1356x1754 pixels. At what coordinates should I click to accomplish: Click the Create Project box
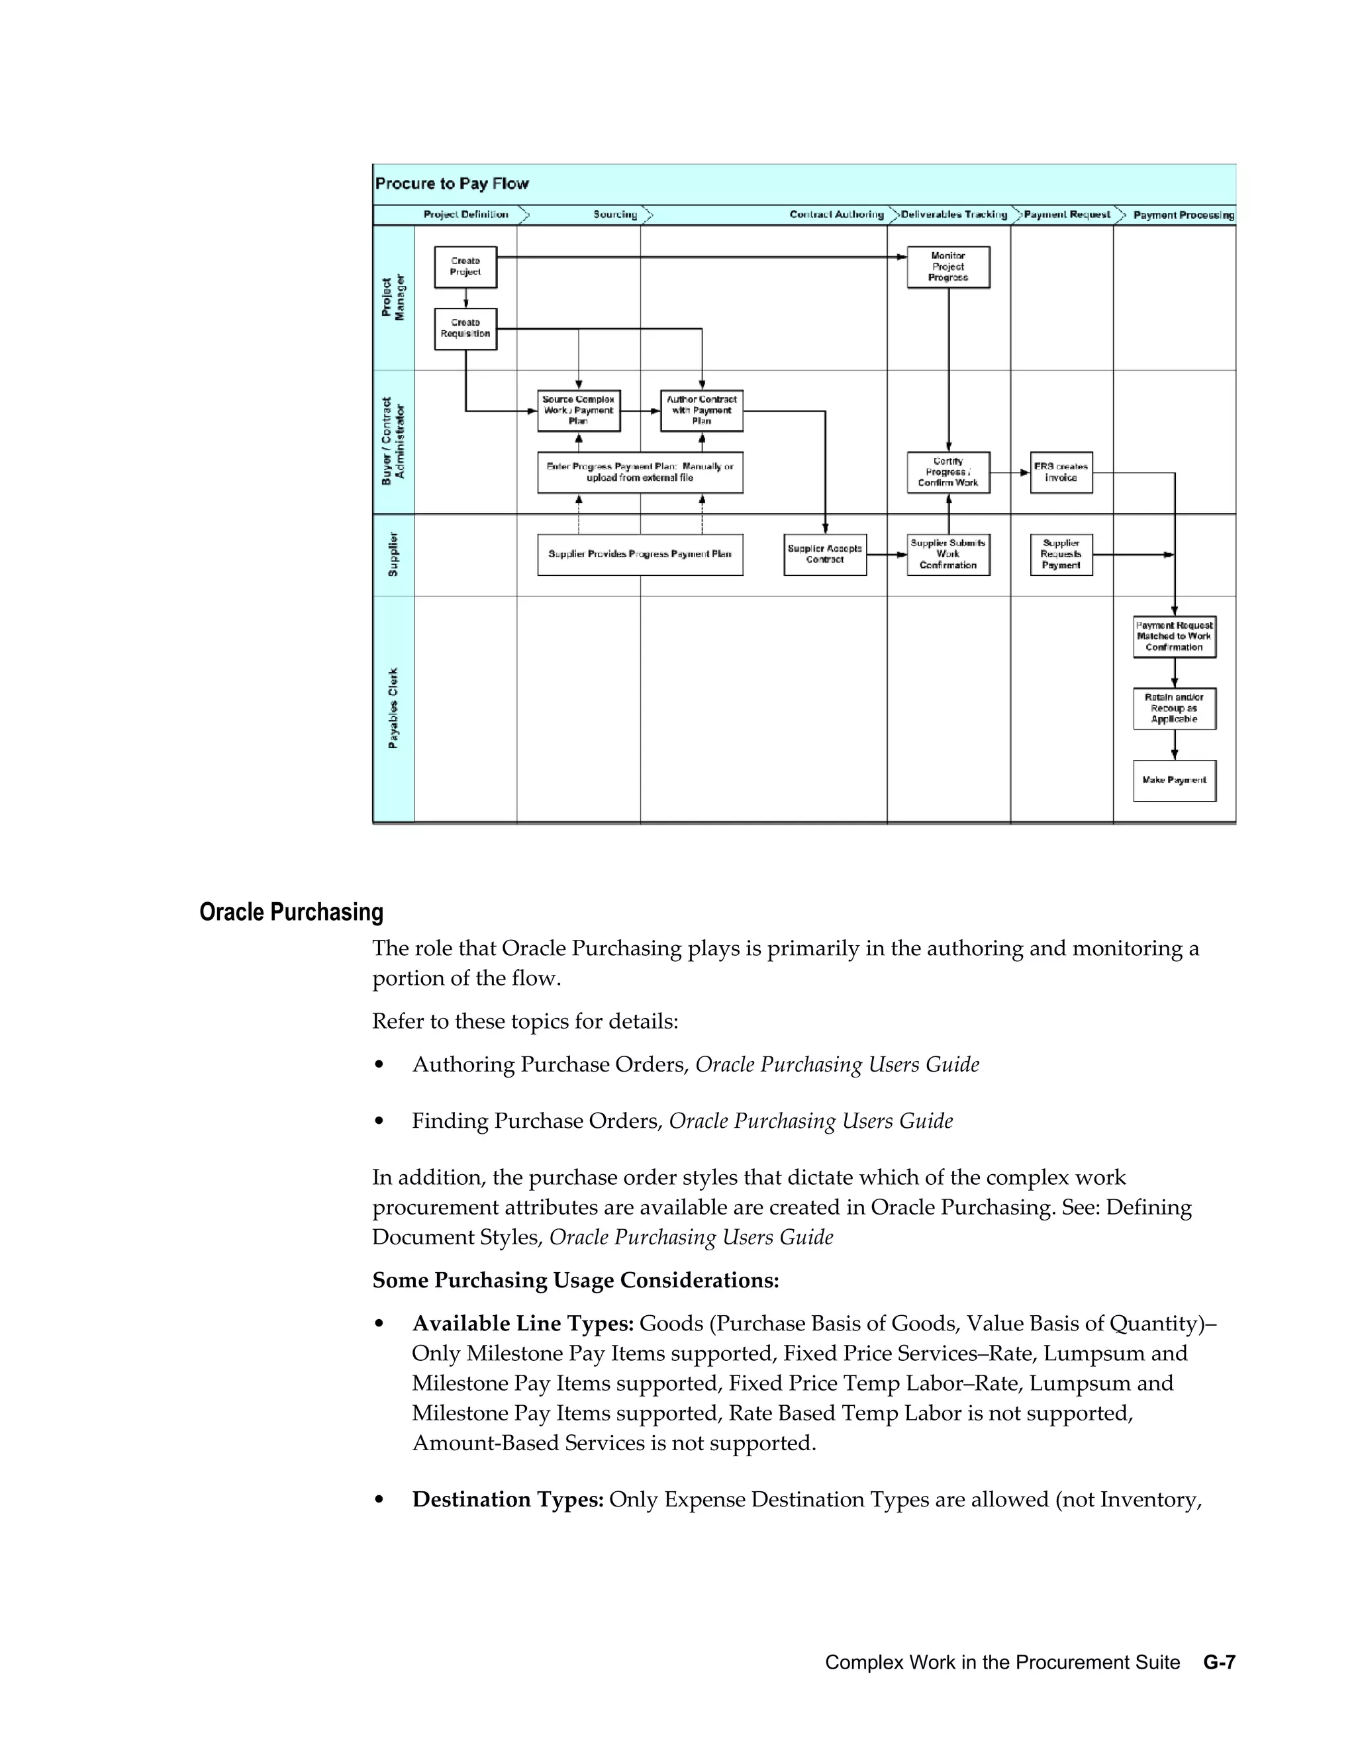click(x=465, y=267)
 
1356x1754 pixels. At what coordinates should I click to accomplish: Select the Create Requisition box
click(x=465, y=328)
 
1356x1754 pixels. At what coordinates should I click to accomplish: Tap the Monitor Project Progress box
click(x=948, y=267)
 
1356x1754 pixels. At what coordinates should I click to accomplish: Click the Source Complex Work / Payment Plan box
click(x=579, y=410)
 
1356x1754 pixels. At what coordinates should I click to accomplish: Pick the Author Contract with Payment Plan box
click(x=701, y=410)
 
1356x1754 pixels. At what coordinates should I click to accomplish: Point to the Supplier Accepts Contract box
click(x=825, y=554)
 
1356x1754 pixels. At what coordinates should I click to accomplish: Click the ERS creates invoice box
click(x=1061, y=472)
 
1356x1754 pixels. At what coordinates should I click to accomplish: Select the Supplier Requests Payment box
click(x=1061, y=554)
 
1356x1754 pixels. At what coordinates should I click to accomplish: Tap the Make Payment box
click(x=1175, y=780)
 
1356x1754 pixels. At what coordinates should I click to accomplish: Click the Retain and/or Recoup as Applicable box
click(x=1175, y=708)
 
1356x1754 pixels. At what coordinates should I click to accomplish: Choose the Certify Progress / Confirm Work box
click(x=948, y=472)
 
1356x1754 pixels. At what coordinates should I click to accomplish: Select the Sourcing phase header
click(x=615, y=214)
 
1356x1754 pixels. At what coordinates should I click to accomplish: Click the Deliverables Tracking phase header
click(x=953, y=214)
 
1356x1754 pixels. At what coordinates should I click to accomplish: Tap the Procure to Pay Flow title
click(x=452, y=184)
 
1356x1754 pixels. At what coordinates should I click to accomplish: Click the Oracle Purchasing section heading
click(x=291, y=912)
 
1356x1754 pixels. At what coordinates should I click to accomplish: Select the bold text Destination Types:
click(x=508, y=1499)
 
